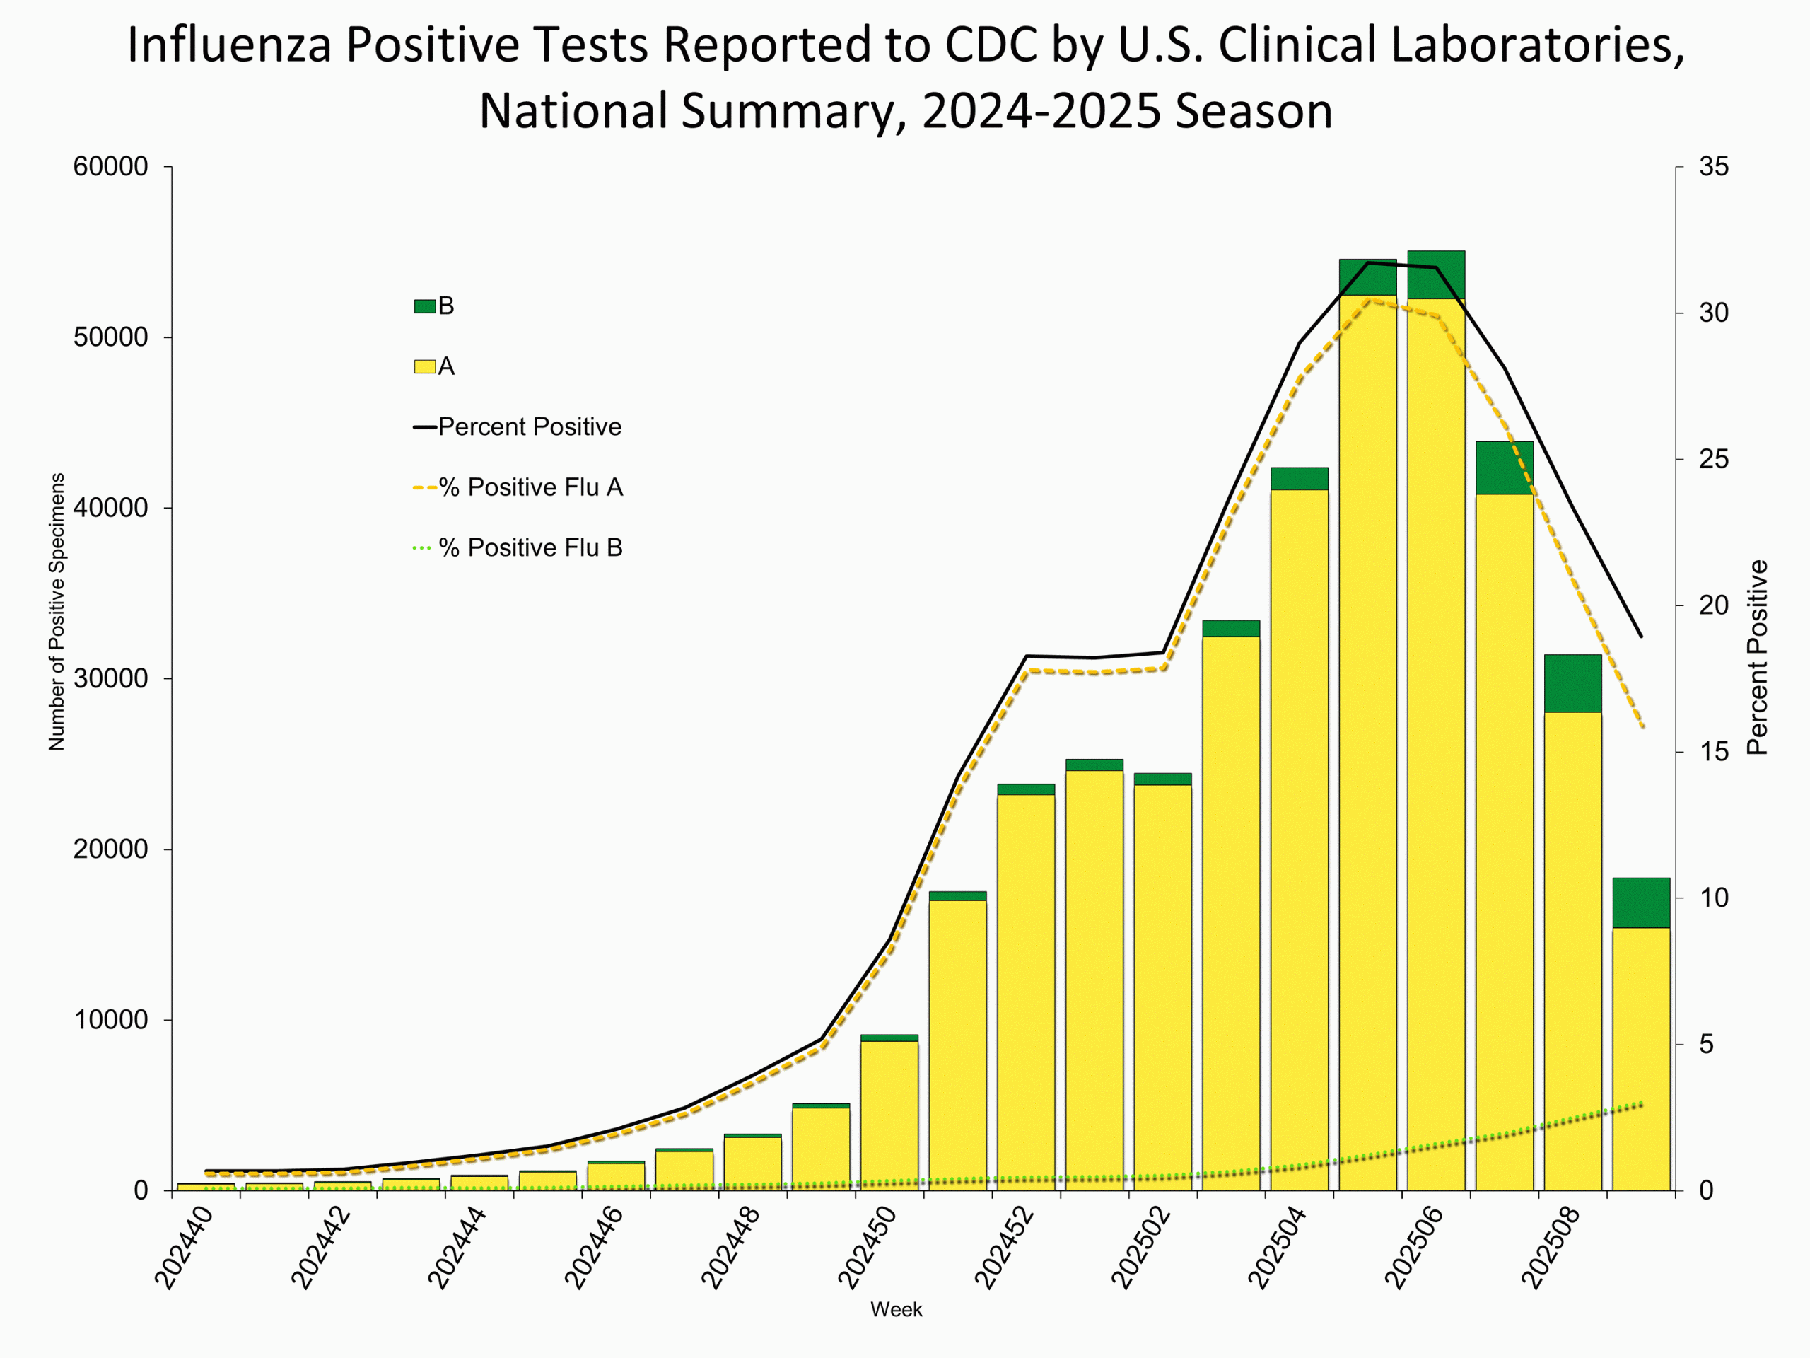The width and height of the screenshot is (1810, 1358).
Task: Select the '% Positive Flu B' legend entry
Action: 530,547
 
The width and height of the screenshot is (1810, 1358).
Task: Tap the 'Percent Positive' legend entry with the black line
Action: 529,426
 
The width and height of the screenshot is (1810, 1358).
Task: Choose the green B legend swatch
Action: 425,306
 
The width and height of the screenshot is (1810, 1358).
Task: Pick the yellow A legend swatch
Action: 425,366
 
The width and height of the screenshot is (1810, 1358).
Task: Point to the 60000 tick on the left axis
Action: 110,167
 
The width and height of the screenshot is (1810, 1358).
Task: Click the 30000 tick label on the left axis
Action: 110,678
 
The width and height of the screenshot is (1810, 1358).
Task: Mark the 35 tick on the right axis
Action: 1713,167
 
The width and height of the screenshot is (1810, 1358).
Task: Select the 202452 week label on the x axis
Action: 1005,1248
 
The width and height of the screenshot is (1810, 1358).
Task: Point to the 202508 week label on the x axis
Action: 1551,1248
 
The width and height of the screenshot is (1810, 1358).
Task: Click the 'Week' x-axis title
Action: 896,1310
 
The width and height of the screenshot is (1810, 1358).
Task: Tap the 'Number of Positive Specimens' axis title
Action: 57,612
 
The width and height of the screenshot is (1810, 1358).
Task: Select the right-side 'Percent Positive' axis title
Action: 1757,657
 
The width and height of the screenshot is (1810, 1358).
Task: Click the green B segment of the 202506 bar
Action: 1436,275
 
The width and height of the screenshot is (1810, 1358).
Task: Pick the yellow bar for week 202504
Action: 1300,835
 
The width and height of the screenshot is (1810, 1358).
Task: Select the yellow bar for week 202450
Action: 889,1113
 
